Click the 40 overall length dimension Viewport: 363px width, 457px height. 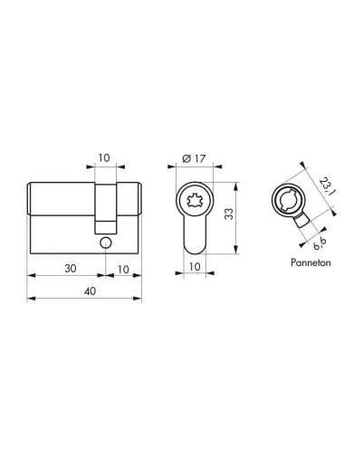tap(90, 291)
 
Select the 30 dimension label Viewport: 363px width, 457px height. tap(71, 268)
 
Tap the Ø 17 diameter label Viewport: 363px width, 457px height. tap(194, 158)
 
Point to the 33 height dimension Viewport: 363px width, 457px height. tap(230, 214)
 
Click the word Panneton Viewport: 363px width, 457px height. tap(310, 262)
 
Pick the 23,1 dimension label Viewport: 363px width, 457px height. tap(327, 187)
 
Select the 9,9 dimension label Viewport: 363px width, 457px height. tap(320, 243)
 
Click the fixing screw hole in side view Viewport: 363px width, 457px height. tap(105, 243)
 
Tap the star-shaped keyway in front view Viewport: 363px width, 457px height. tap(195, 200)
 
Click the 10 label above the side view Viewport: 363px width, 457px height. tap(104, 157)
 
